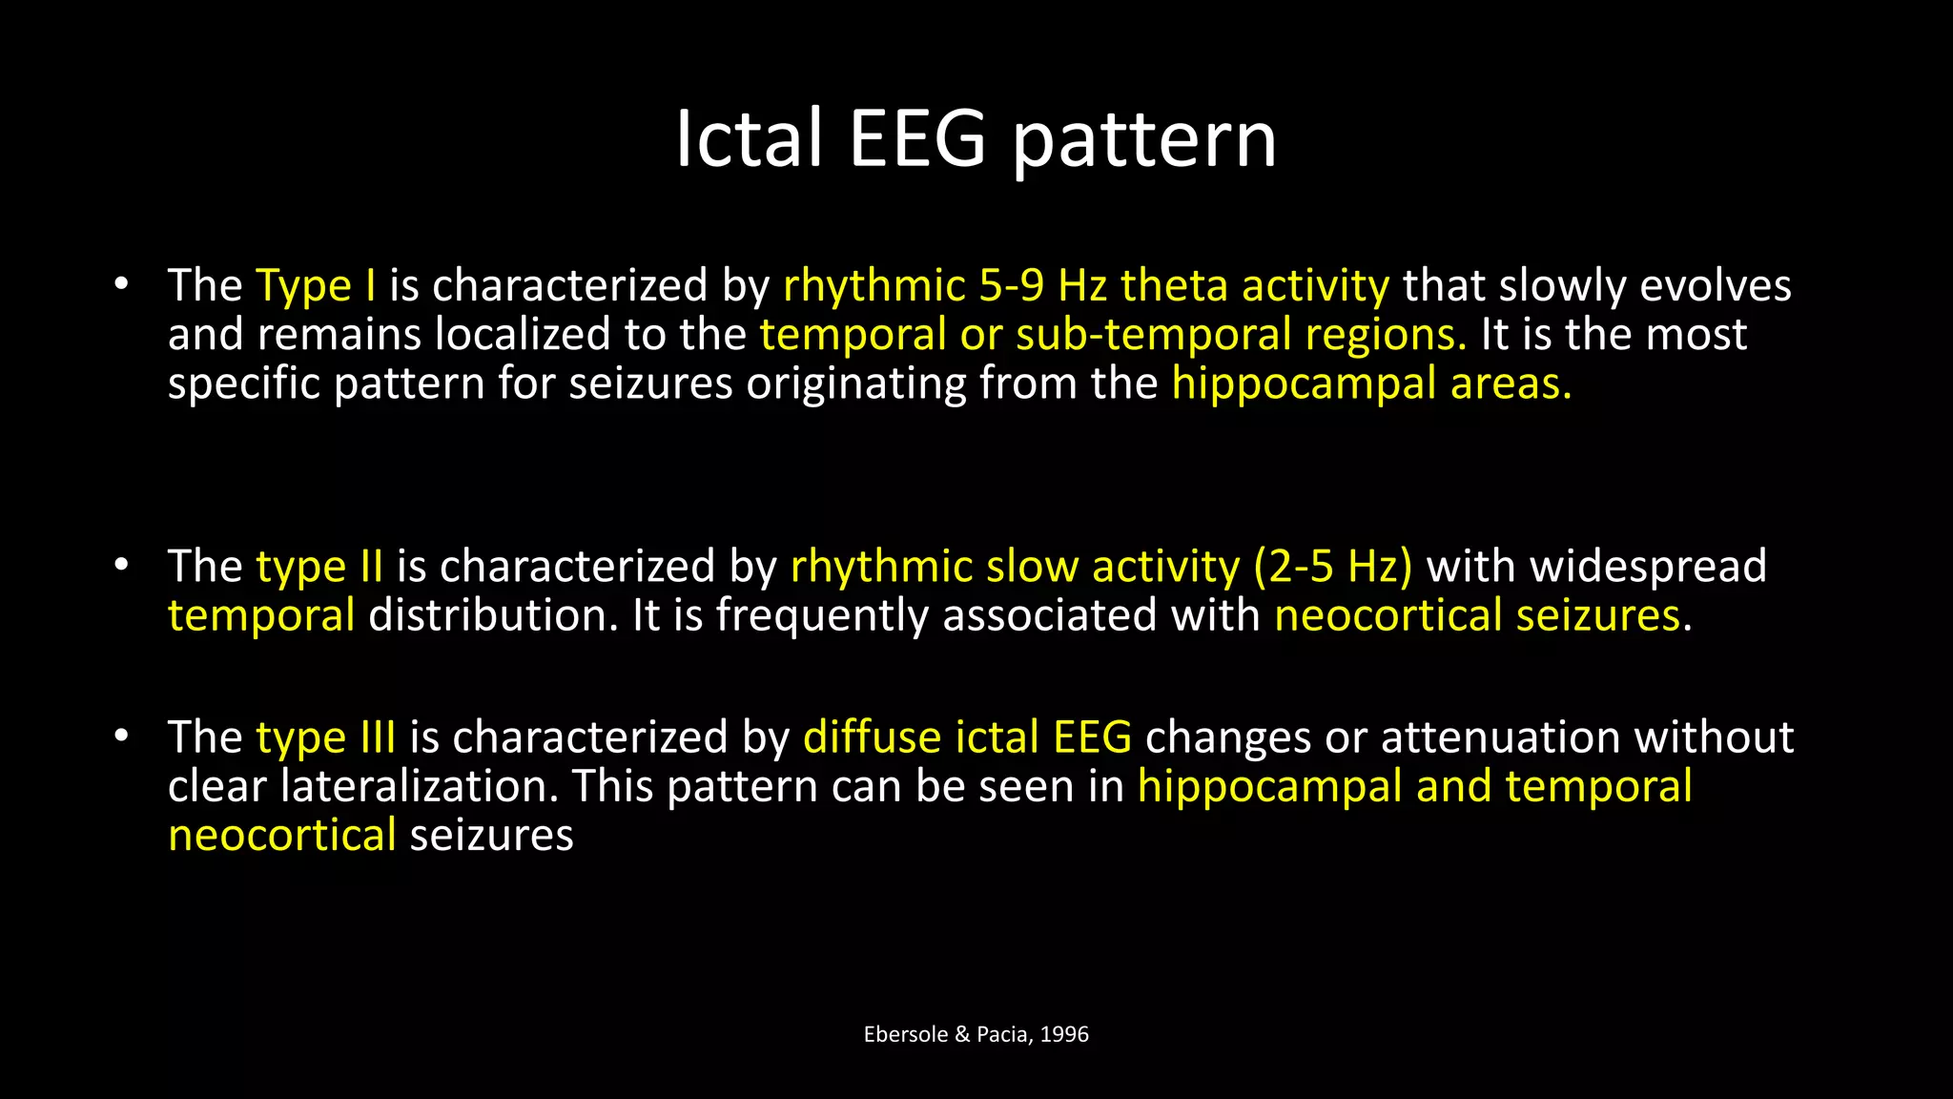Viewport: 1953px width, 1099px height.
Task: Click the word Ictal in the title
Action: click(x=749, y=139)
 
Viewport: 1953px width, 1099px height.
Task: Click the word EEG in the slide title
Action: click(x=916, y=139)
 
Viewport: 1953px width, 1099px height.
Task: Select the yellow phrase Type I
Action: click(x=316, y=286)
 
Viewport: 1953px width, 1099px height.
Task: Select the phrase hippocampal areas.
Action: click(x=1370, y=384)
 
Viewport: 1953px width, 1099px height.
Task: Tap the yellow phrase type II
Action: click(x=319, y=567)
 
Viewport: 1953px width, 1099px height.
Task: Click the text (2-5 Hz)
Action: click(x=1332, y=567)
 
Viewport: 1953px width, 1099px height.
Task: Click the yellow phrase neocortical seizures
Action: click(x=1477, y=615)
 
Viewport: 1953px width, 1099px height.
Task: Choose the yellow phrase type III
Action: click(x=325, y=737)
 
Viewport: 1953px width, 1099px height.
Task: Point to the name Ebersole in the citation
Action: click(x=905, y=1034)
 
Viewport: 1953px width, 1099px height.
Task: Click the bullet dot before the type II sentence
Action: click(x=120, y=566)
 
